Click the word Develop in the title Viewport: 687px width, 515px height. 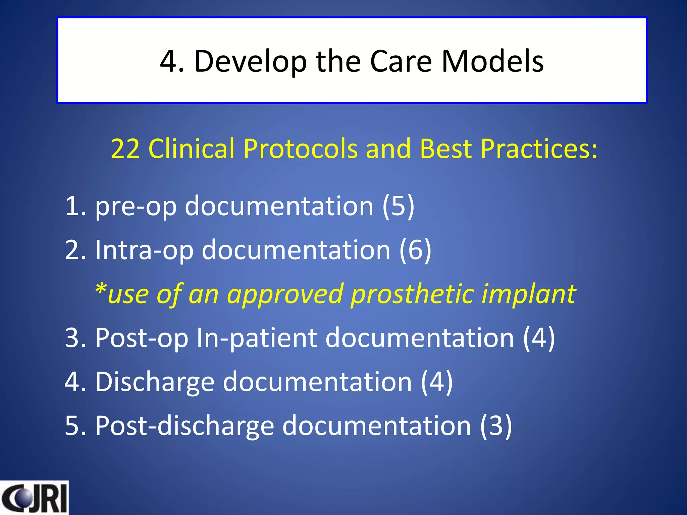(250, 61)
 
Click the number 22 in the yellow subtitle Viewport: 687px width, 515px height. (125, 149)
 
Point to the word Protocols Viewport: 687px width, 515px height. (300, 149)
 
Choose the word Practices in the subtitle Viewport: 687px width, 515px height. (539, 149)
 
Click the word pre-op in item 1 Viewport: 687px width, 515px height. (136, 206)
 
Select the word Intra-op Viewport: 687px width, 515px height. (144, 250)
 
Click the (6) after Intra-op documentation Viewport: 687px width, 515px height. (415, 250)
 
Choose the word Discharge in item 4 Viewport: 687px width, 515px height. (155, 382)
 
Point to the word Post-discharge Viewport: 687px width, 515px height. (184, 425)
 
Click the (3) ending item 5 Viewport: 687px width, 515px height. (496, 425)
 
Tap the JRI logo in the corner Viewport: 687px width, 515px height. (34, 498)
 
